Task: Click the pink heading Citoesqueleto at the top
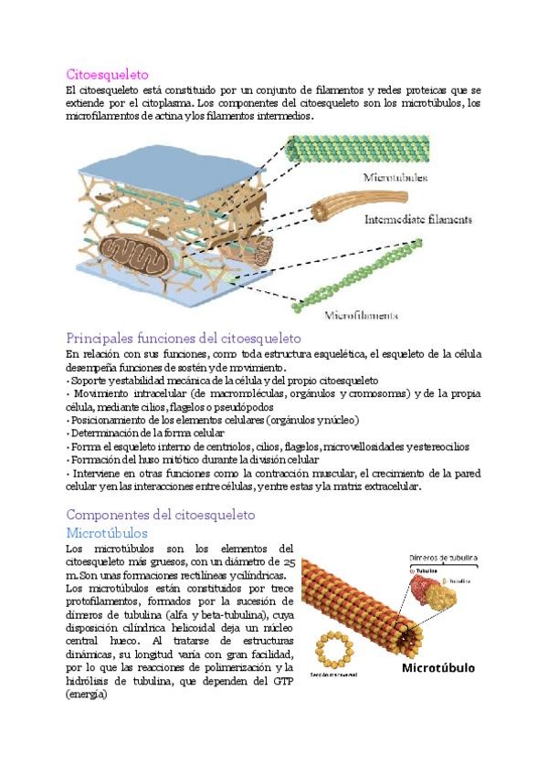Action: point(108,74)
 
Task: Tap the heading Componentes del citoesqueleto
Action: point(161,515)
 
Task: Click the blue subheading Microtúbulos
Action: point(107,532)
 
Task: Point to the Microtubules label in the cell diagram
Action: point(395,177)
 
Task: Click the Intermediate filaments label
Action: point(417,220)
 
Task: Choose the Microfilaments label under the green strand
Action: point(362,316)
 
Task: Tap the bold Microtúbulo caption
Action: point(438,668)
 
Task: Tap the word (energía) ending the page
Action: point(87,696)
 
